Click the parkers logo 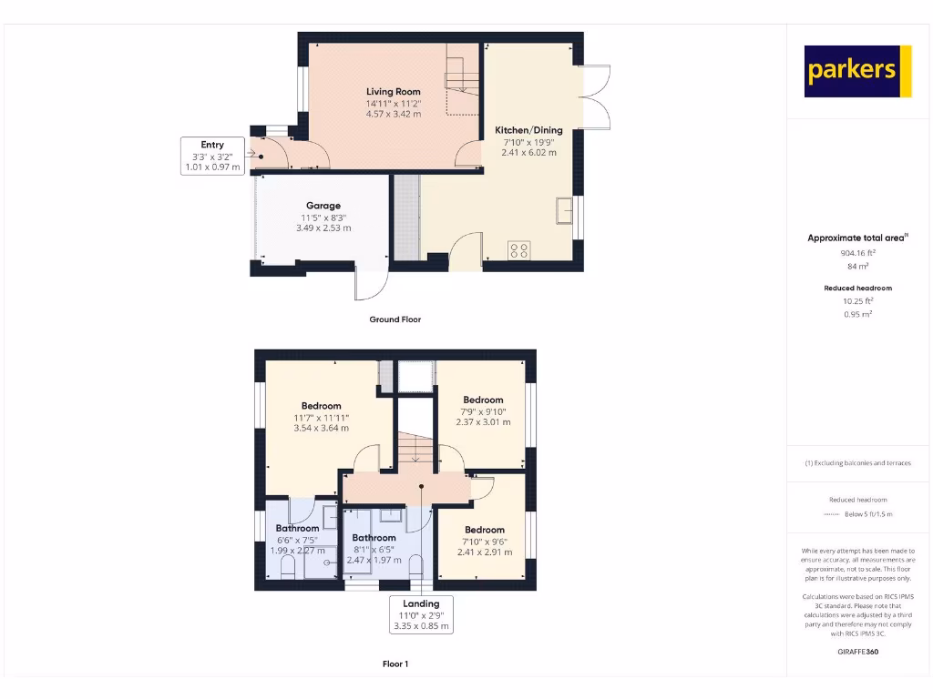857,71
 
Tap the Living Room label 394,92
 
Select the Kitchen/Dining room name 528,130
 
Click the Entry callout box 212,156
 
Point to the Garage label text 323,206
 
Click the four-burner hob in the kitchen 519,250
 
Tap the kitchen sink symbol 563,210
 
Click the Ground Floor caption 395,319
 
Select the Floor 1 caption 395,664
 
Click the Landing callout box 420,614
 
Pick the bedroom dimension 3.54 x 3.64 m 321,428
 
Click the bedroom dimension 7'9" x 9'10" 483,411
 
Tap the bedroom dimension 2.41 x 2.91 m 484,552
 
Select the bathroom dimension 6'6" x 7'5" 297,539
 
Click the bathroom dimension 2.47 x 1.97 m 374,561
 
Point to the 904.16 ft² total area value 858,254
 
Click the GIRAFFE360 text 858,652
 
